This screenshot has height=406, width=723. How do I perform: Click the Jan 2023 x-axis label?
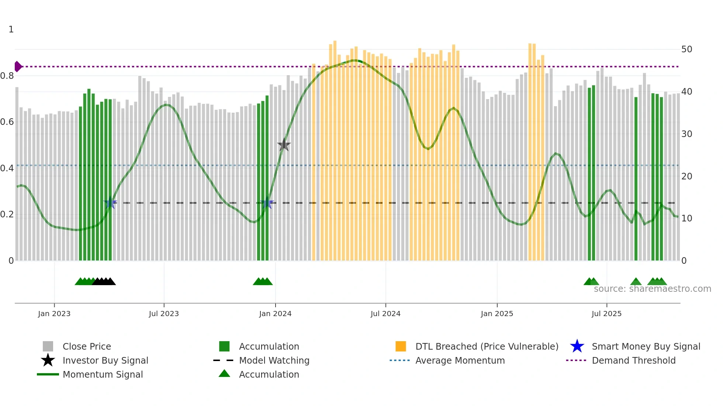point(54,314)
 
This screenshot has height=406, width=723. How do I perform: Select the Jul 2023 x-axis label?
point(164,314)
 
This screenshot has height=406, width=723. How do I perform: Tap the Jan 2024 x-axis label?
point(275,314)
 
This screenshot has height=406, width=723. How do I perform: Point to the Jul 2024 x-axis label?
point(385,314)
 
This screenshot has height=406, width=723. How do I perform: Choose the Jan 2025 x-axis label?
point(497,314)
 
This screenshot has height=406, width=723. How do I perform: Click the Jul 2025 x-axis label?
point(606,314)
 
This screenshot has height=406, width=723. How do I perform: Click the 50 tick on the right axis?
point(686,49)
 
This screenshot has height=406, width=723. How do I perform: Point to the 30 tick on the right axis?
point(686,134)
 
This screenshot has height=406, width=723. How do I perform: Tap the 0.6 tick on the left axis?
point(7,122)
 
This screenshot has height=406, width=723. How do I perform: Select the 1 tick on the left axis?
point(11,29)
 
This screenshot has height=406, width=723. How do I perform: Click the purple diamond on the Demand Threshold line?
point(18,67)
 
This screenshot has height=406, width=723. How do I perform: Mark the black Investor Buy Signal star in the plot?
point(284,145)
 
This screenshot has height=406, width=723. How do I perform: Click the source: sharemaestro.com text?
point(652,289)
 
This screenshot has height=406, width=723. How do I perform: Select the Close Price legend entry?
point(87,346)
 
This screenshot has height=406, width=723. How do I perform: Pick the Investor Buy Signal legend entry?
point(105,360)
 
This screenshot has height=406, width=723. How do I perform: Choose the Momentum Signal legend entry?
point(103,374)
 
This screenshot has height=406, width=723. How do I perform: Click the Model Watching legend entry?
point(274,360)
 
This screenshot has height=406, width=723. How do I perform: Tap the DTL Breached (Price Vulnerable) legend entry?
point(487,346)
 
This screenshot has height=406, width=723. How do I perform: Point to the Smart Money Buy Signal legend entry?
point(646,346)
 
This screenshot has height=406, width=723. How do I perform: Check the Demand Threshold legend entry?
point(633,360)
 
